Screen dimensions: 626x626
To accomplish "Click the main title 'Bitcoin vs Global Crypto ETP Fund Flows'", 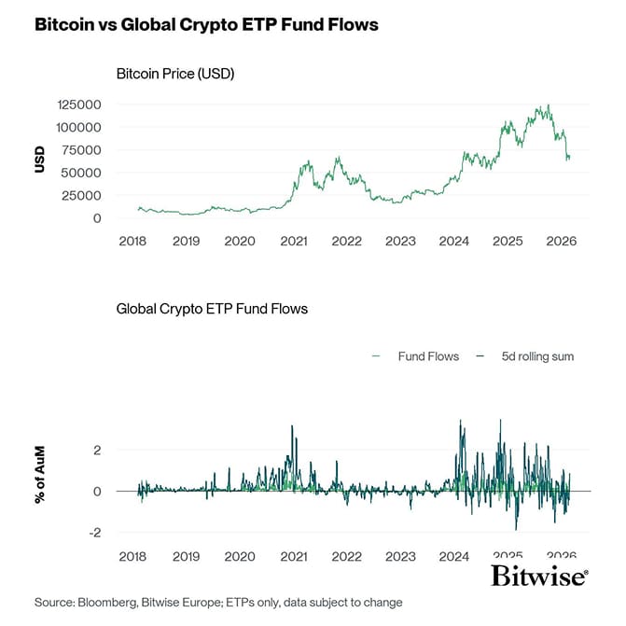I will click(206, 25).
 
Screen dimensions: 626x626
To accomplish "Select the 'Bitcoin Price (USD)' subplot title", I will click(174, 74).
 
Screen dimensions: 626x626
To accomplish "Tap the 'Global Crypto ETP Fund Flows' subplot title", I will click(212, 308).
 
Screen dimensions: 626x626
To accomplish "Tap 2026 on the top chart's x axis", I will click(563, 241).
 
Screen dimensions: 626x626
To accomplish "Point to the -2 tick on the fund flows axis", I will click(95, 533).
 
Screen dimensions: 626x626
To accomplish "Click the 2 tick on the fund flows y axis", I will click(98, 450).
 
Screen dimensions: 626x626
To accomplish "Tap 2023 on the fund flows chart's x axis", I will click(401, 556).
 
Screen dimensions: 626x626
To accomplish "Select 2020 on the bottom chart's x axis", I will click(240, 556).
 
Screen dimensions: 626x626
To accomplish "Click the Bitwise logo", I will click(539, 575).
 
